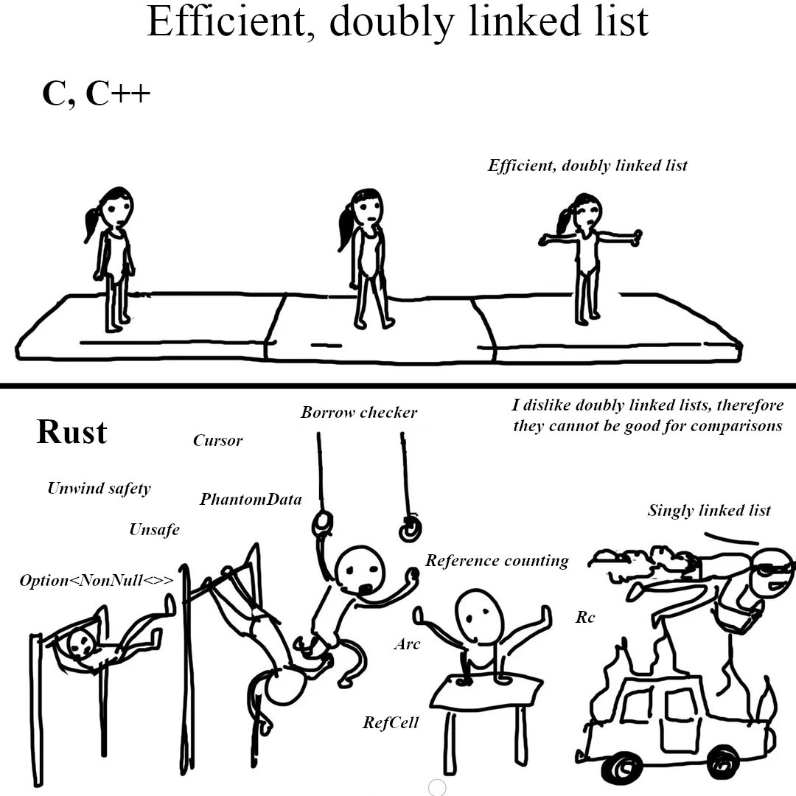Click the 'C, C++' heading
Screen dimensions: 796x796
point(97,94)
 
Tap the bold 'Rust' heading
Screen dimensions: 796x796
point(72,432)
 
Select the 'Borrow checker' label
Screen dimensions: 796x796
point(359,412)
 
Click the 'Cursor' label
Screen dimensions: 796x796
point(217,440)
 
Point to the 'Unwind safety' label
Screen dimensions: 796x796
point(99,489)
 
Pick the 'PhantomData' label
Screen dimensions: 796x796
point(251,499)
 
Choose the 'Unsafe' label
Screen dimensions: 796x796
point(154,529)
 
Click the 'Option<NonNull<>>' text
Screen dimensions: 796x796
point(97,580)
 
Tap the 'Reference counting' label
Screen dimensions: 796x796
point(497,560)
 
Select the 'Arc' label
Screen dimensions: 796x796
point(407,644)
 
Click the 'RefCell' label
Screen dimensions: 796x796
point(391,722)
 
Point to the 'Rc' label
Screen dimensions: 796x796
point(584,617)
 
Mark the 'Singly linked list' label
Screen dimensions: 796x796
point(709,510)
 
